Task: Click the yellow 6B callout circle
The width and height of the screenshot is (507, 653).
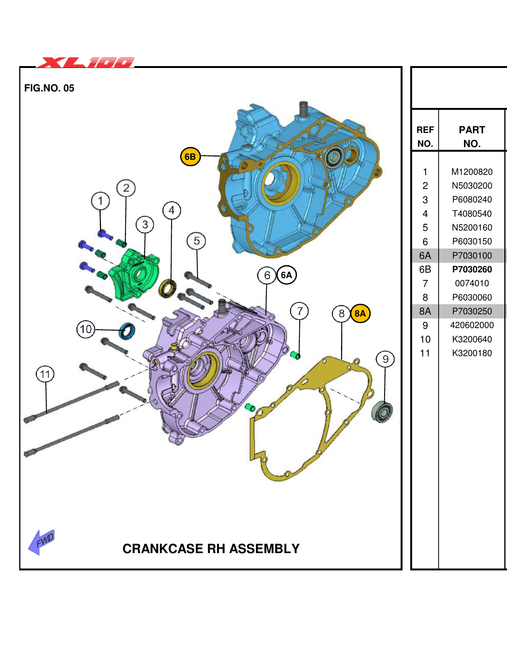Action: click(x=190, y=157)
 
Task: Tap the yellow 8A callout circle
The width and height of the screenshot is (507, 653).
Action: click(x=360, y=313)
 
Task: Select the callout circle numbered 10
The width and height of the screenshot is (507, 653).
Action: click(x=86, y=329)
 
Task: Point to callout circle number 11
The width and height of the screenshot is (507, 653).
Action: click(x=45, y=374)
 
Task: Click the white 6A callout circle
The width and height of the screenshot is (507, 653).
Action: click(x=287, y=275)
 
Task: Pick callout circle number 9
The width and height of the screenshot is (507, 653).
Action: click(x=385, y=359)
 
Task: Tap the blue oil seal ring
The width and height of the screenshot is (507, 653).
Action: click(x=127, y=331)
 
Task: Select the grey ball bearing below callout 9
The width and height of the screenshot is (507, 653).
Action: click(x=383, y=412)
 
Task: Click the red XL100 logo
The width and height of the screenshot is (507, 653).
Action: click(x=86, y=62)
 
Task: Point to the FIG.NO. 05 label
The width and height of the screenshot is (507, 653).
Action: click(x=49, y=88)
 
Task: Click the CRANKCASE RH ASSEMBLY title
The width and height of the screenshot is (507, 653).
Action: click(x=211, y=549)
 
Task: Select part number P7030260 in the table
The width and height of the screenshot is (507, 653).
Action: click(x=472, y=270)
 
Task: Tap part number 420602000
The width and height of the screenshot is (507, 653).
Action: click(x=472, y=325)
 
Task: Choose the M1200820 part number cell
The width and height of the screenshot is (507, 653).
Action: click(x=472, y=172)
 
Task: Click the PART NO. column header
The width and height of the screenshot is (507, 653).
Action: click(x=472, y=137)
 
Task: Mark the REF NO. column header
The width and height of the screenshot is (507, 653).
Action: click(x=425, y=137)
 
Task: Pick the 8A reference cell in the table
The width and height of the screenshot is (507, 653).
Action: click(x=425, y=312)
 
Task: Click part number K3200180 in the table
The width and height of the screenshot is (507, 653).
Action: click(x=472, y=353)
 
